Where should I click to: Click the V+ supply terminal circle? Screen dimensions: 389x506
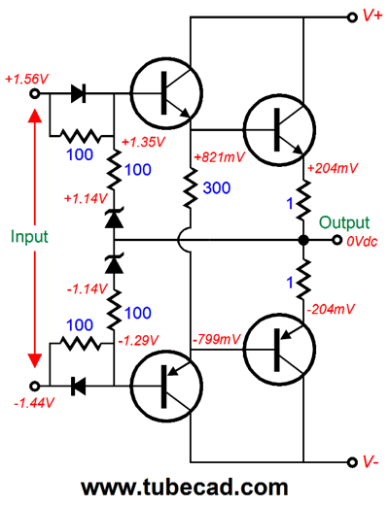(352, 17)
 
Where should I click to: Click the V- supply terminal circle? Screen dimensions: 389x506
(352, 461)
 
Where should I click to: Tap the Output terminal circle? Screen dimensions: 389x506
(337, 240)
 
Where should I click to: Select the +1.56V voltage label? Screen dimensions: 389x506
(26, 79)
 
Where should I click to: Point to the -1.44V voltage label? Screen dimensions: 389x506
(33, 403)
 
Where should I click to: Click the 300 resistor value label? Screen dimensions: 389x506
(217, 187)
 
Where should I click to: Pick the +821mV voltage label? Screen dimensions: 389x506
(219, 157)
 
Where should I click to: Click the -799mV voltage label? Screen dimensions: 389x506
(216, 340)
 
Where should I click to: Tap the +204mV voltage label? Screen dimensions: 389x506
(333, 168)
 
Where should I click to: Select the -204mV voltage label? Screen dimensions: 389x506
(331, 310)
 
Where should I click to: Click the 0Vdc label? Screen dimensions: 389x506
(362, 242)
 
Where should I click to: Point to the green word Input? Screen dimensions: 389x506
(29, 236)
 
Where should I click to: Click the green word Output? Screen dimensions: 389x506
(344, 222)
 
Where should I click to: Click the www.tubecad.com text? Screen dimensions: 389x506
(185, 488)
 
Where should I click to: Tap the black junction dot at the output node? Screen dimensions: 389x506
(303, 240)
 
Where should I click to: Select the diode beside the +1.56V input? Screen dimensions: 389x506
(79, 94)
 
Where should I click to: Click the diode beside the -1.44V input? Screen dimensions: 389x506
(79, 386)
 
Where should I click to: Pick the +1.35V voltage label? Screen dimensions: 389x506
(144, 142)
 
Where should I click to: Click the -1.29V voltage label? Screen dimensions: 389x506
(138, 340)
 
